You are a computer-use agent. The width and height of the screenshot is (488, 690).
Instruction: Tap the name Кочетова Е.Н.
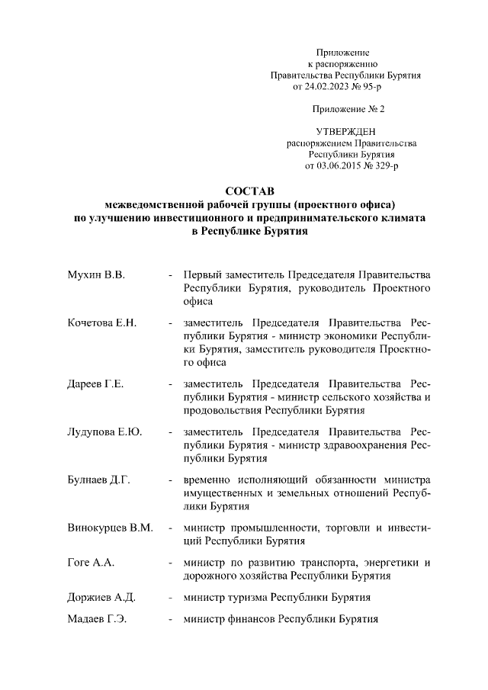tap(101, 323)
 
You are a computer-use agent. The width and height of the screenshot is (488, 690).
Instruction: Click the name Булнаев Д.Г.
tap(99, 480)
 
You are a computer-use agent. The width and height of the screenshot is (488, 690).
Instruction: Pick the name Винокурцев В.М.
tap(110, 528)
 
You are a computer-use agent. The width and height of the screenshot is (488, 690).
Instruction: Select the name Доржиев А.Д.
tap(101, 597)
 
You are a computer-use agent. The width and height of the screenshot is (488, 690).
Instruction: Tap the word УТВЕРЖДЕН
tap(345, 132)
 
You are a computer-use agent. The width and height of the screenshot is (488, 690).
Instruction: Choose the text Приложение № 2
tap(345, 109)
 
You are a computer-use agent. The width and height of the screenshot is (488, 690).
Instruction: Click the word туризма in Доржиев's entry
tap(249, 597)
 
